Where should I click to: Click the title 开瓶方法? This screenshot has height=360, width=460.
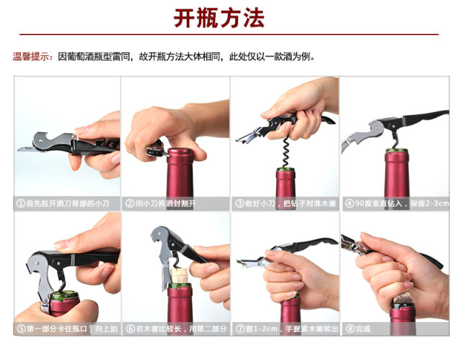[218, 18]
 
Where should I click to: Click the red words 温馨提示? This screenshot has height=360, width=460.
[30, 56]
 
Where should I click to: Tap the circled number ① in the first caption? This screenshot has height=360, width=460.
[21, 203]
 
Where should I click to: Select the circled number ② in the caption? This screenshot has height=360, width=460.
[130, 203]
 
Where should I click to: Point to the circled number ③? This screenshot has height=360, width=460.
[239, 203]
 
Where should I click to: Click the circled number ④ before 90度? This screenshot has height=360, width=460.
[349, 203]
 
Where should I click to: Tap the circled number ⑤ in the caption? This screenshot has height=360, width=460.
[22, 328]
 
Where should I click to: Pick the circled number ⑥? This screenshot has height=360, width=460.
[130, 328]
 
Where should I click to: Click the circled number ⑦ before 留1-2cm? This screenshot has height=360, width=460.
[240, 328]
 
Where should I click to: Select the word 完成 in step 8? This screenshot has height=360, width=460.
[363, 329]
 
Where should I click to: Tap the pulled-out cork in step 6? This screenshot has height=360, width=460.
[180, 275]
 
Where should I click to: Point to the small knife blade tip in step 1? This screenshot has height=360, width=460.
[19, 149]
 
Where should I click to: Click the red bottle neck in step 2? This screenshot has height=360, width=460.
[180, 173]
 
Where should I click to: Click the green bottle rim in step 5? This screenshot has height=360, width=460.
[64, 295]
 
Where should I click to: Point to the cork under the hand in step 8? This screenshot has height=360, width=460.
[401, 298]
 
